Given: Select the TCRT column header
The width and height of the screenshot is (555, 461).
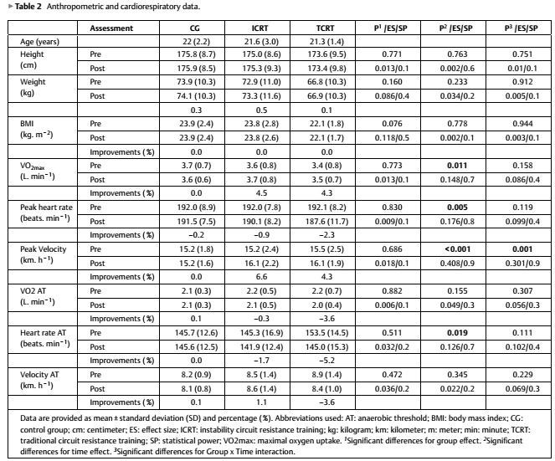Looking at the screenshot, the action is (325, 28).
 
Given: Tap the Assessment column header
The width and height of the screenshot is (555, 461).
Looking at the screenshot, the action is (111, 28).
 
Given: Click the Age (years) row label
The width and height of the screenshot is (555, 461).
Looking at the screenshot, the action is (39, 42).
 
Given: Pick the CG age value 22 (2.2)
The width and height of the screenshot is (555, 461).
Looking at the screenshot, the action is (196, 42).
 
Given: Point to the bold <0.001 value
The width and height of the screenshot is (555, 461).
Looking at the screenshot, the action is (457, 249).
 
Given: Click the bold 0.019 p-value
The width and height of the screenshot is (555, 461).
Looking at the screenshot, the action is (457, 332).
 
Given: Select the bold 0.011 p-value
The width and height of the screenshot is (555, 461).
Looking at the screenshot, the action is (457, 165).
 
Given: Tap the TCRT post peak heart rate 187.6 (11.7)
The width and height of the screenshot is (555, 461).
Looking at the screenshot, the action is (326, 222).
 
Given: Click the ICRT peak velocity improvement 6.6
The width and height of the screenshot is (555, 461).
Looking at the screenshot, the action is (261, 277).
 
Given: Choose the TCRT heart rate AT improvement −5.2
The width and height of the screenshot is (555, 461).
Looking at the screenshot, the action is (326, 361).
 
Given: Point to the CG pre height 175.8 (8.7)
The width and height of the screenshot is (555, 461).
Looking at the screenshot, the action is (196, 54).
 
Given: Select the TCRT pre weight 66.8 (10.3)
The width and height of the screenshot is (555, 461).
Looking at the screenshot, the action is (326, 82).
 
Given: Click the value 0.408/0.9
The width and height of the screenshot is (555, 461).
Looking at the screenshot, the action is (457, 264).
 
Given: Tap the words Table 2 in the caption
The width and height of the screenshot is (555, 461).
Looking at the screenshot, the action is (28, 7).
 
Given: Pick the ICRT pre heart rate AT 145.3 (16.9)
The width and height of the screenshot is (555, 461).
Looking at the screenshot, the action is (261, 333).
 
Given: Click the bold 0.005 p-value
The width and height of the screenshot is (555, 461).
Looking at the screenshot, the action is (457, 207).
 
